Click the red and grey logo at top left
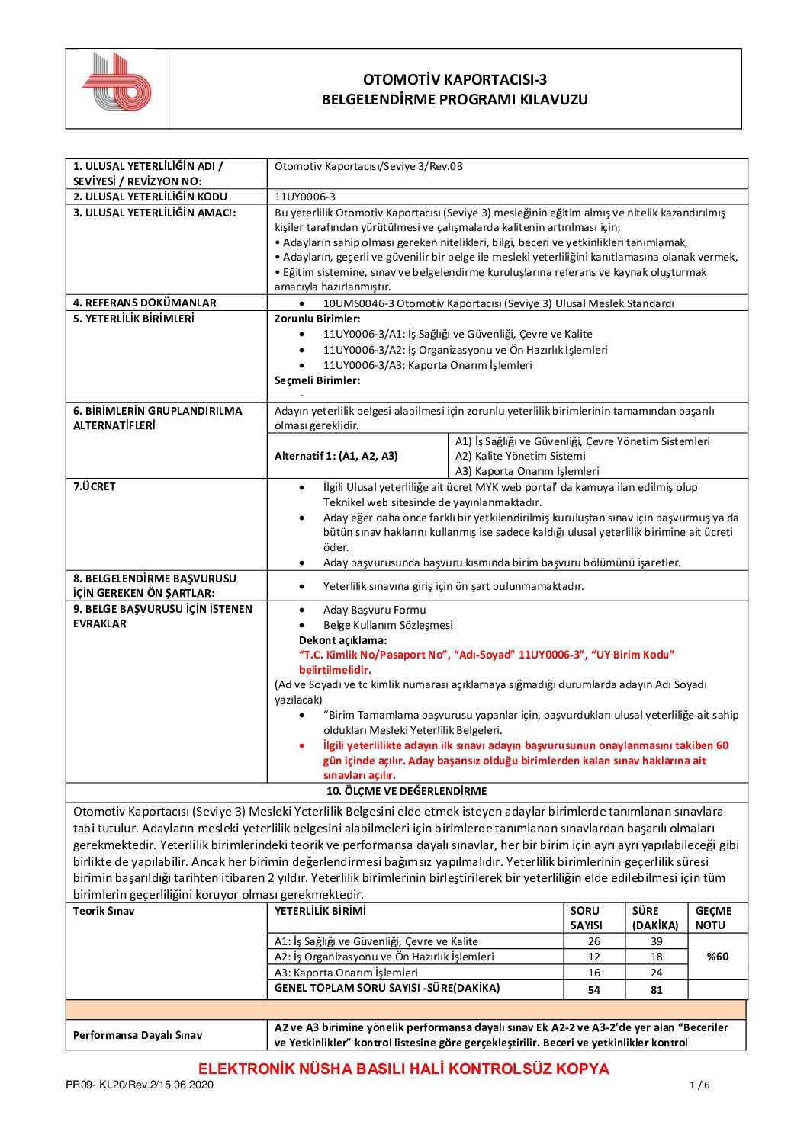click(117, 82)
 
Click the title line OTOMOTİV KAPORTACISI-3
click(455, 79)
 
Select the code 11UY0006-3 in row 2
click(305, 197)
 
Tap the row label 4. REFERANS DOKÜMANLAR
click(145, 303)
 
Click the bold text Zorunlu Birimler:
click(317, 319)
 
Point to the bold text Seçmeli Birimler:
click(317, 380)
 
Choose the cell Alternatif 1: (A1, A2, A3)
click(336, 456)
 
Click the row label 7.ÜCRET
click(95, 486)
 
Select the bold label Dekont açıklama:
click(342, 640)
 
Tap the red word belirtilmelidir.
click(335, 670)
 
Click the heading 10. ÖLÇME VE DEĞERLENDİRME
click(407, 791)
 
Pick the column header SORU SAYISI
click(586, 918)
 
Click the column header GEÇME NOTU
click(713, 918)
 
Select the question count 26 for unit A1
click(594, 941)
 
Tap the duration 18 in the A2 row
click(656, 957)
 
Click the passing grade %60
click(717, 957)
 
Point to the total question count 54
click(594, 989)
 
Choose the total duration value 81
click(656, 989)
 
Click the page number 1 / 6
click(699, 1085)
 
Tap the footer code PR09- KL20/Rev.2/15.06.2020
click(140, 1085)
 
